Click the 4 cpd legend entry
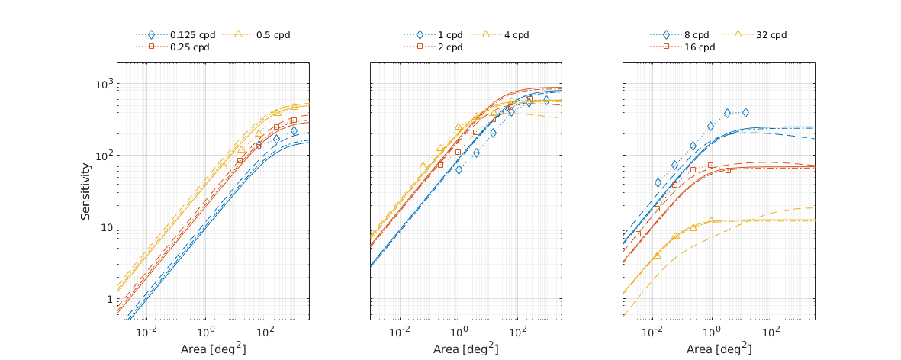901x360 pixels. [x=516, y=35]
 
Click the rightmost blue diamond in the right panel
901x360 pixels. [x=745, y=112]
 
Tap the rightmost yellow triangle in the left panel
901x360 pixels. [x=294, y=106]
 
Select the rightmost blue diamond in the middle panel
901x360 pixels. [x=546, y=100]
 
